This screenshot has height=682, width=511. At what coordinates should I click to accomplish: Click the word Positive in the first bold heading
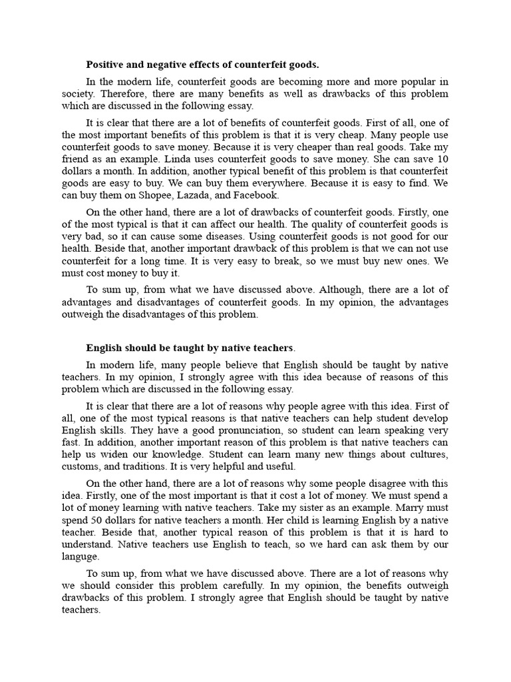click(x=106, y=65)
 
